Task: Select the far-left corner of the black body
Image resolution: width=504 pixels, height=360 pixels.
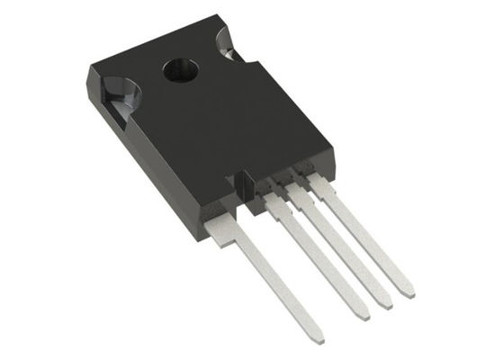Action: (88, 72)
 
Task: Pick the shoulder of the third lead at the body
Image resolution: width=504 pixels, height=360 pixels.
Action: (295, 193)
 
